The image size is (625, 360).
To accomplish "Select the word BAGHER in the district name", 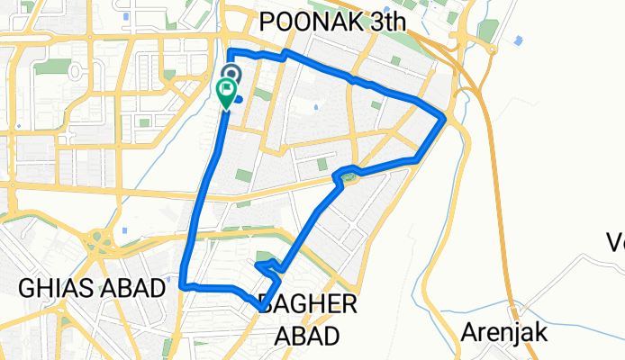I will click(x=307, y=303).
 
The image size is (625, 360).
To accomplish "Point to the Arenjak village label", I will click(x=504, y=332).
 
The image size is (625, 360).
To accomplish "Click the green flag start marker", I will click(x=226, y=91).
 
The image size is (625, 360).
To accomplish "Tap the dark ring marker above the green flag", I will click(x=231, y=74).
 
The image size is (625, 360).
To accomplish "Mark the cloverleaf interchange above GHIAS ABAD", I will click(x=97, y=240).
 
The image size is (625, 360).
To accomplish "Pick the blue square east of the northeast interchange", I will click(x=521, y=39).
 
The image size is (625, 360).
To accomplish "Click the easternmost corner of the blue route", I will click(x=445, y=118).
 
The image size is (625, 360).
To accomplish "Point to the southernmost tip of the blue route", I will click(x=261, y=309).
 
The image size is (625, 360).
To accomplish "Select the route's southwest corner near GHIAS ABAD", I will click(x=183, y=284).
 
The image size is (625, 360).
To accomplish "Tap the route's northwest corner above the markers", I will click(x=231, y=50).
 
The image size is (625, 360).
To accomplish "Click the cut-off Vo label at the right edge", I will click(x=615, y=241).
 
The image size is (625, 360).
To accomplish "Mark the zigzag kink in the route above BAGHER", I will click(x=267, y=265).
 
